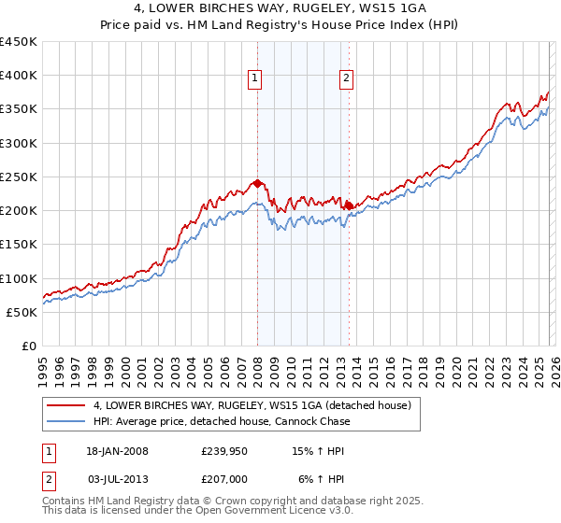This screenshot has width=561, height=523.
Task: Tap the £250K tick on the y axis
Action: coord(18,177)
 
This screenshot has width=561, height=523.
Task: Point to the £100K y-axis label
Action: coord(18,278)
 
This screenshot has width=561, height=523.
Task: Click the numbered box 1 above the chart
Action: coord(254,79)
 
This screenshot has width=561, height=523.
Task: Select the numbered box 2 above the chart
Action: coord(346,79)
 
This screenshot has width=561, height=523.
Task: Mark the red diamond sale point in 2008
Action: coord(257,184)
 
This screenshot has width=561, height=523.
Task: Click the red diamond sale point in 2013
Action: coord(348,205)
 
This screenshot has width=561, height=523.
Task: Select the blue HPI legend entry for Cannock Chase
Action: coord(223,421)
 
